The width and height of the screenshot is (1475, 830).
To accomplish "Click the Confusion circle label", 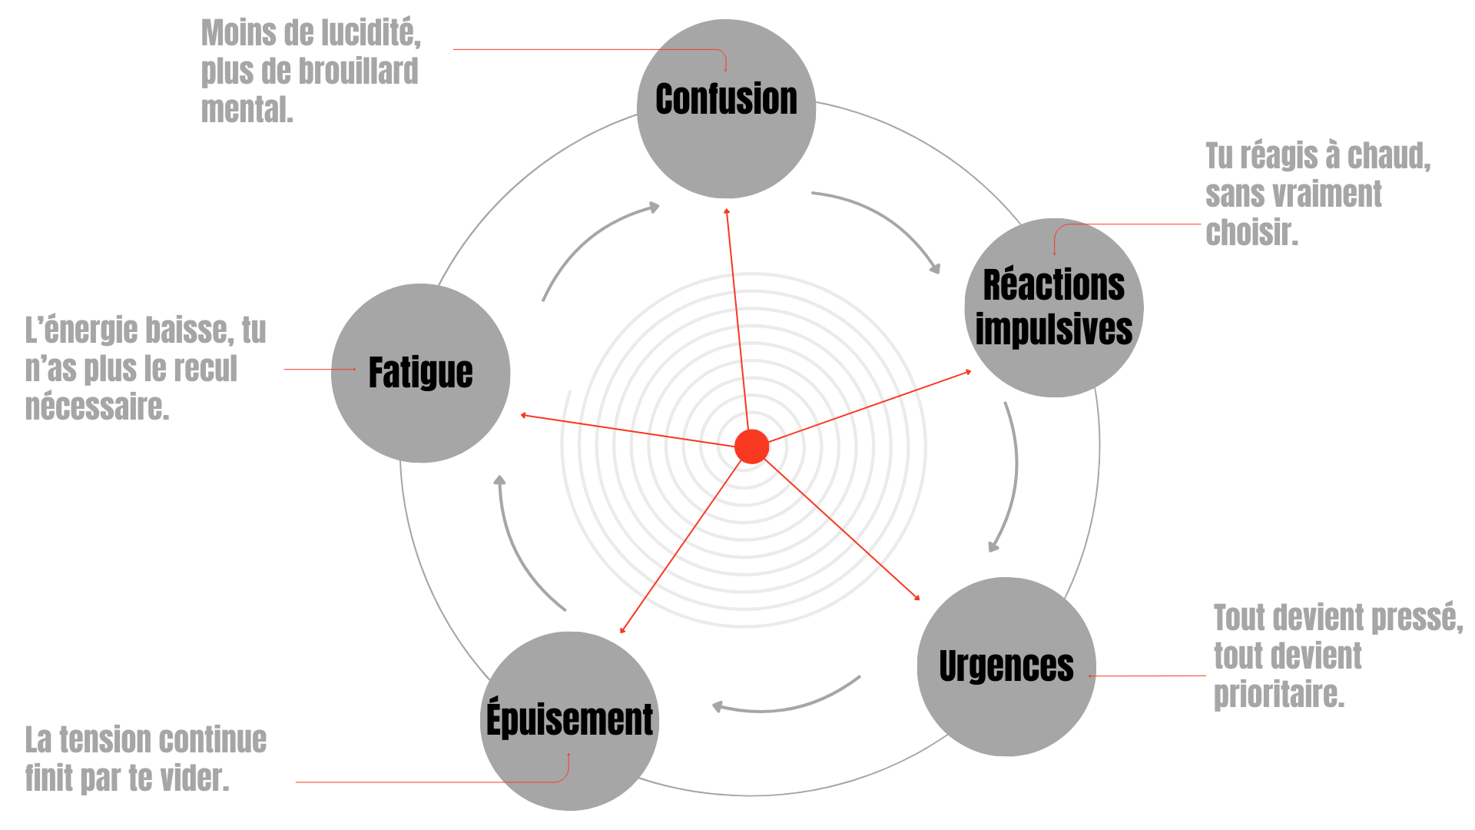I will (x=726, y=100).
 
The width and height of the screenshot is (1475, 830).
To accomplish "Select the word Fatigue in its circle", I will (x=420, y=373).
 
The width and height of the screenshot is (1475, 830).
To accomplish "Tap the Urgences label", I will (x=1006, y=666).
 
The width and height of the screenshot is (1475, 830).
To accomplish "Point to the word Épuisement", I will (x=569, y=720).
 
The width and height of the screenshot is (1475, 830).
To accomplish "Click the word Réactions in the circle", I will (x=1053, y=285).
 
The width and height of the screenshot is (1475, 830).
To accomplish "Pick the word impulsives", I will (x=1053, y=329).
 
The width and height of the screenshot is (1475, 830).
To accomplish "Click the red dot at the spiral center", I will (x=751, y=447).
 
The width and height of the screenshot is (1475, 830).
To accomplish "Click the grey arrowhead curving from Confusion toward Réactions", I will (x=935, y=269).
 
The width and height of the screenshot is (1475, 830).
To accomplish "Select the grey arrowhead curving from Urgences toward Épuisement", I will (x=716, y=706).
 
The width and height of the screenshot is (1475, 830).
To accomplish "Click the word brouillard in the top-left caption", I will (x=358, y=71).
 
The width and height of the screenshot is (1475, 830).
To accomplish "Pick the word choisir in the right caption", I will (x=1250, y=232).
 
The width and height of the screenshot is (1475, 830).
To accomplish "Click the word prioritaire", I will (x=1278, y=695).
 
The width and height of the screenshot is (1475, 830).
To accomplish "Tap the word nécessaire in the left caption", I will (x=96, y=407).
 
